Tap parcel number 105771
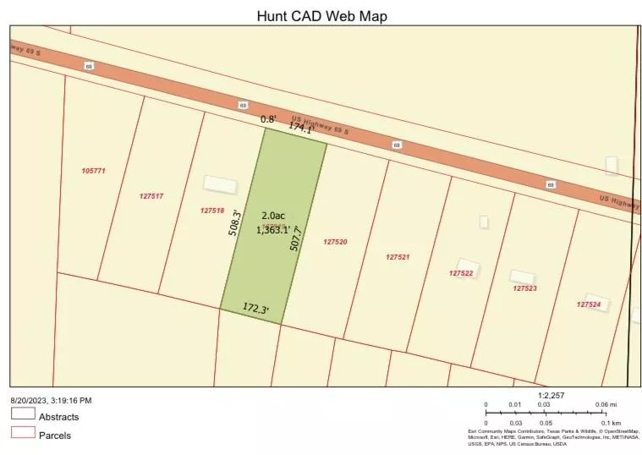pyautogui.click(x=93, y=171)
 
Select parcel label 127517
pyautogui.click(x=151, y=196)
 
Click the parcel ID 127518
pyautogui.click(x=212, y=211)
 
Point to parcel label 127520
pyautogui.click(x=335, y=242)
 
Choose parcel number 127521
pyautogui.click(x=398, y=257)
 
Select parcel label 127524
pyautogui.click(x=589, y=304)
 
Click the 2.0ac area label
pyautogui.click(x=272, y=216)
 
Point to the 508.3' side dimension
pyautogui.click(x=237, y=223)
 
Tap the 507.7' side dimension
pyautogui.click(x=295, y=238)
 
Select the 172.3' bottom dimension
pyautogui.click(x=255, y=310)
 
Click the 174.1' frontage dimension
pyautogui.click(x=301, y=128)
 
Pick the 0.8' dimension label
pyautogui.click(x=267, y=119)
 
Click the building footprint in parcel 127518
pyautogui.click(x=220, y=184)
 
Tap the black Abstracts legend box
pyautogui.click(x=23, y=414)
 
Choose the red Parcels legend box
pyautogui.click(x=23, y=434)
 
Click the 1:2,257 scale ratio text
pyautogui.click(x=551, y=395)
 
